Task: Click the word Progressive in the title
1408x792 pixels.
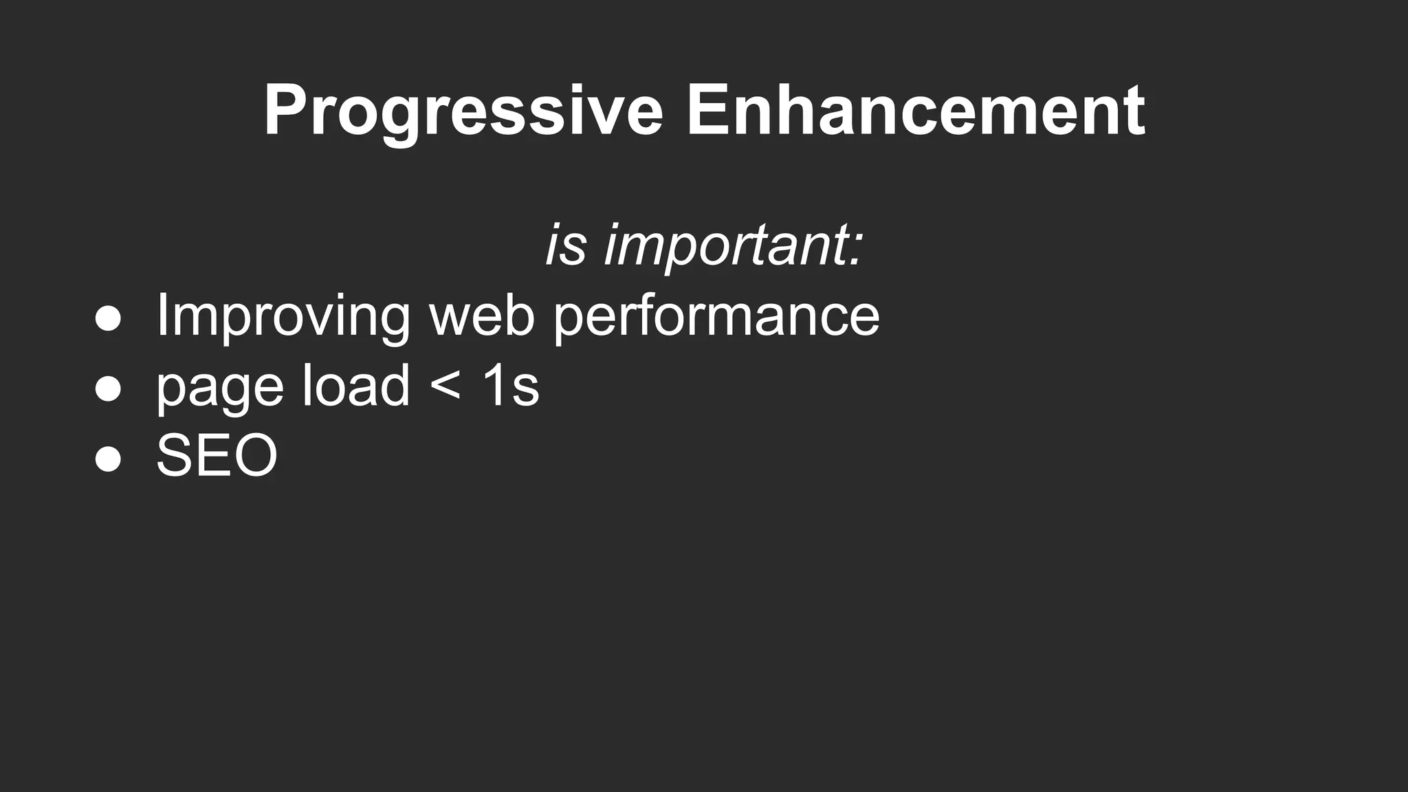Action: click(463, 110)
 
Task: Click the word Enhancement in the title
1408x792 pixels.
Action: click(914, 110)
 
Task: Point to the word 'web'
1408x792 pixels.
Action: click(481, 316)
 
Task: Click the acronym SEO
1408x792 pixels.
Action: click(217, 456)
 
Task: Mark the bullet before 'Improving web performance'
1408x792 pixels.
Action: click(108, 319)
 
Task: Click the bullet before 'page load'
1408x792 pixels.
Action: click(108, 389)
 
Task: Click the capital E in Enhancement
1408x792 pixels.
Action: click(708, 110)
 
